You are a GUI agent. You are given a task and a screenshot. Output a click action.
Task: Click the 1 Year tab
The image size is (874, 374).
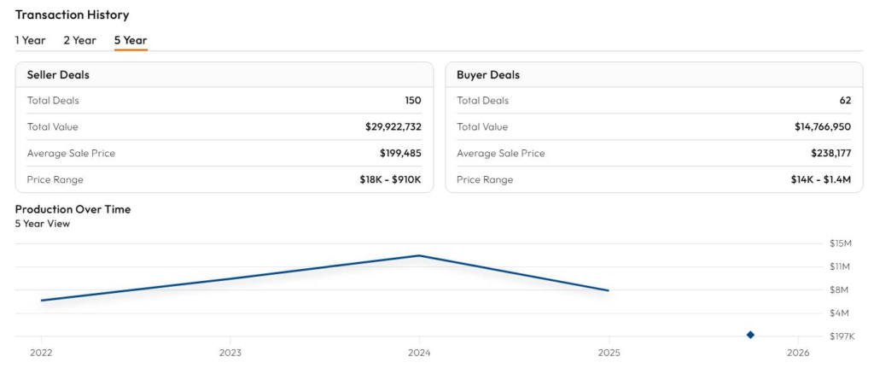[30, 40]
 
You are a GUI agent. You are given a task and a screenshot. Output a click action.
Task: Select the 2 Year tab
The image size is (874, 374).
[79, 40]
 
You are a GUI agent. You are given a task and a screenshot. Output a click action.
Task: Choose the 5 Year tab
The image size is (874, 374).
[131, 40]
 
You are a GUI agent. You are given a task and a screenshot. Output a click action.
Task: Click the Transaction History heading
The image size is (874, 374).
[72, 15]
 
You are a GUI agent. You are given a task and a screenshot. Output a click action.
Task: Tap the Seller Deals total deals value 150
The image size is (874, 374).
[413, 101]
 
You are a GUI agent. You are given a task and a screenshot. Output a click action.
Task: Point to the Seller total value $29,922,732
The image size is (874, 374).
[393, 127]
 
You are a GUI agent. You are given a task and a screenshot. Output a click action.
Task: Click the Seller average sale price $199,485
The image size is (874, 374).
[400, 154]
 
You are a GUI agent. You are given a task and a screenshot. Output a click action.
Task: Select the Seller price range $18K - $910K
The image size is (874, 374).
[390, 180]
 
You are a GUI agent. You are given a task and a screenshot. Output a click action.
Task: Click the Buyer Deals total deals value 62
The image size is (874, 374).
[845, 101]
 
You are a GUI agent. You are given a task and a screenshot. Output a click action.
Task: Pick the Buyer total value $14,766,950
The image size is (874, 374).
[823, 127]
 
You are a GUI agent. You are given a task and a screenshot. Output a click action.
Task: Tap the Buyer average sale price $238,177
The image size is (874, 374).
[830, 154]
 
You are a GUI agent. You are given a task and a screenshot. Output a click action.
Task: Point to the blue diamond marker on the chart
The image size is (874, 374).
[750, 335]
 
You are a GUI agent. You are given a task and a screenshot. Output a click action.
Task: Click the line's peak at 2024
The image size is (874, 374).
[419, 255]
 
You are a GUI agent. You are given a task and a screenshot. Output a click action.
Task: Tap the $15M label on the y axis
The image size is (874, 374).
[841, 243]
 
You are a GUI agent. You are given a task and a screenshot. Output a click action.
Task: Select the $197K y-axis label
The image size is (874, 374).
[842, 336]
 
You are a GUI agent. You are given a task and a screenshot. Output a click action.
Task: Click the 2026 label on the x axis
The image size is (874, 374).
[798, 353]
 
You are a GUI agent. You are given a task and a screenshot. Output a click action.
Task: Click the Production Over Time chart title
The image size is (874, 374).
[73, 209]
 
